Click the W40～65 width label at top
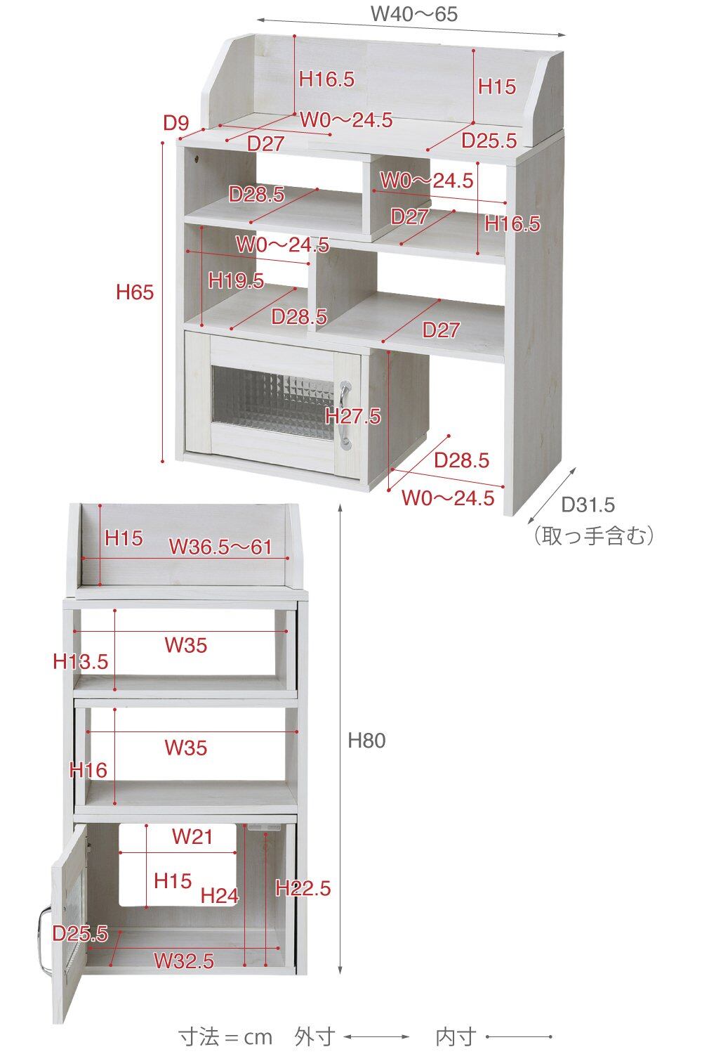(413, 14)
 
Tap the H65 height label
(135, 292)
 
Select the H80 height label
(366, 740)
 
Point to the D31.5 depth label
(588, 504)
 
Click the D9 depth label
(176, 124)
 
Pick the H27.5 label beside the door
(354, 416)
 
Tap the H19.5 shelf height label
(236, 280)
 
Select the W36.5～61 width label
(220, 547)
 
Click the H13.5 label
(81, 661)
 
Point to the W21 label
(192, 836)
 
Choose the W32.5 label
(184, 960)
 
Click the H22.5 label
(303, 888)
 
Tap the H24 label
(220, 896)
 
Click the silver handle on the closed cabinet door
(345, 414)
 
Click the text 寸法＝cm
(225, 1036)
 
